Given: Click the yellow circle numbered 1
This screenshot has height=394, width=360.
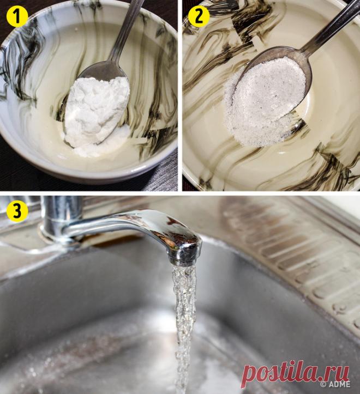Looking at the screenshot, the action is click(x=17, y=16).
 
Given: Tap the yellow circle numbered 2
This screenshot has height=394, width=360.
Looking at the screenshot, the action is click(x=199, y=16).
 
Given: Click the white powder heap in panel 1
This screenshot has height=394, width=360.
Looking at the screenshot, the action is click(x=96, y=113).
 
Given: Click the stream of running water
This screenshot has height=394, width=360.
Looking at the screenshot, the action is click(x=185, y=326).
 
